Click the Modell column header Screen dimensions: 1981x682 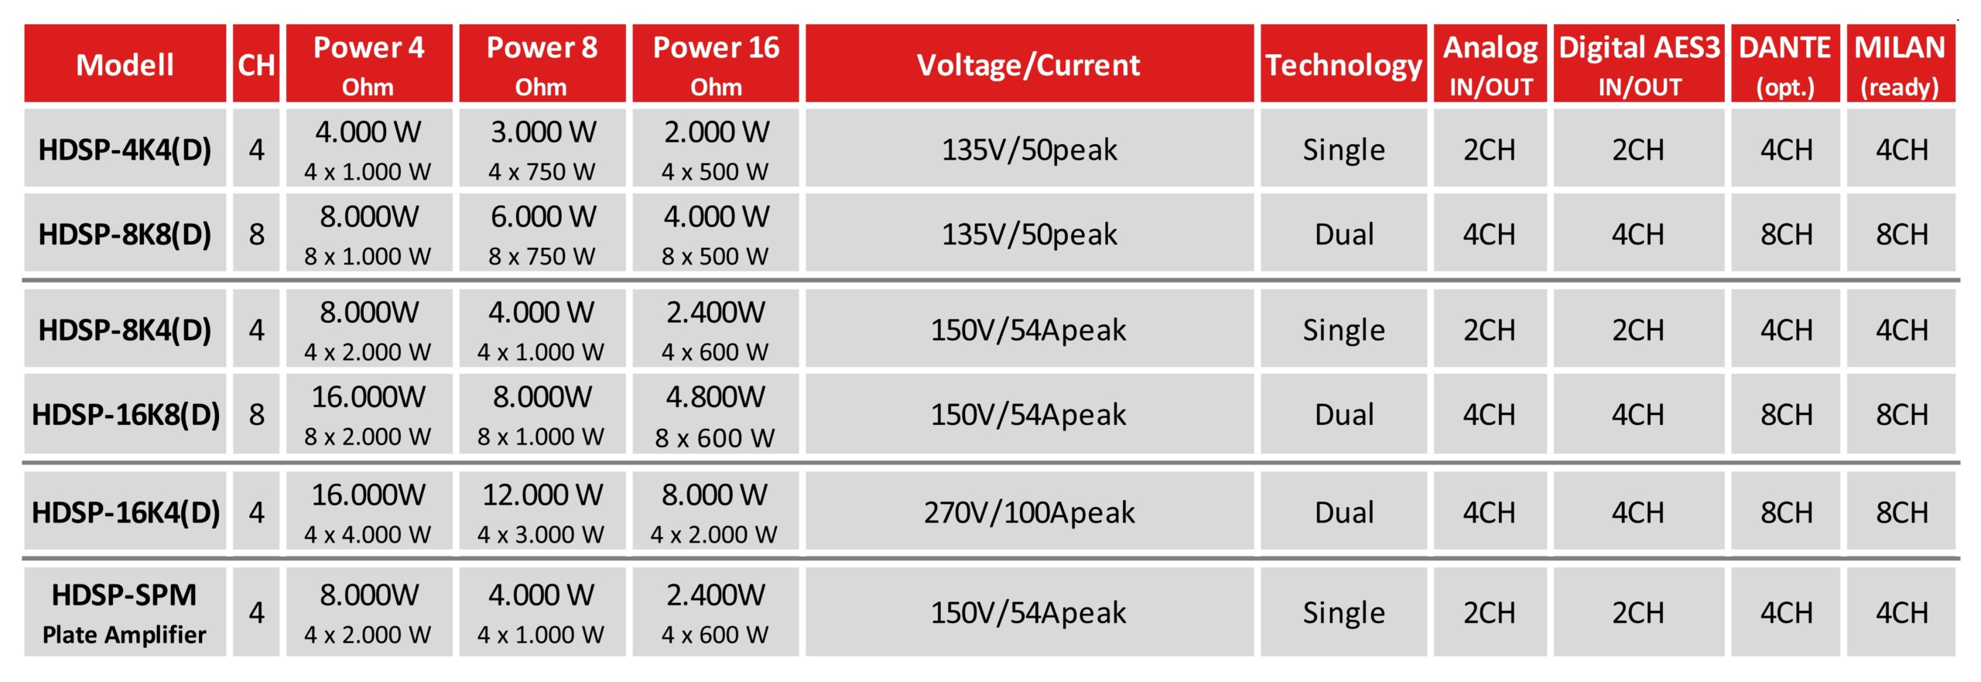tap(125, 63)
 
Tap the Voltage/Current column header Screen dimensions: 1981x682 tap(1029, 63)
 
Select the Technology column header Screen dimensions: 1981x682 tap(1343, 63)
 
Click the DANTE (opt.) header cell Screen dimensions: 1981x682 tap(1785, 63)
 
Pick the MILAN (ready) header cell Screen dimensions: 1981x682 tap(1901, 63)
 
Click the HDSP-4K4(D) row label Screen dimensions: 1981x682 tap(125, 148)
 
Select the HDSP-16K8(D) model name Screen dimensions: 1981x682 tap(125, 414)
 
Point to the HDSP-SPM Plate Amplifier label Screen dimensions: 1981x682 tap(125, 612)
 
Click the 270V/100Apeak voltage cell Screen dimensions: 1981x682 tap(1029, 512)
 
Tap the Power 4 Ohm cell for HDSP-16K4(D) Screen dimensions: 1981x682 tap(369, 512)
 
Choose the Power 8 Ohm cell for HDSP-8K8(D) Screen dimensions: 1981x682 tap(542, 232)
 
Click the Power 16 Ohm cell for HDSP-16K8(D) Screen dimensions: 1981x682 tap(716, 414)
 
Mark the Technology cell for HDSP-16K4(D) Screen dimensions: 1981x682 tap(1343, 512)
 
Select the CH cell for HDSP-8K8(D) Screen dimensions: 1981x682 tap(256, 232)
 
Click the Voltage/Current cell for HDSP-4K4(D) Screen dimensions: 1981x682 tap(1029, 148)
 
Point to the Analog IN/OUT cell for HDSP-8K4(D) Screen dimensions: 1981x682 tap(1490, 329)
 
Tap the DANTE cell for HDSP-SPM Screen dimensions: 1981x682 tap(1785, 612)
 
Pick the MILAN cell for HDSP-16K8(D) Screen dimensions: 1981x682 tap(1901, 414)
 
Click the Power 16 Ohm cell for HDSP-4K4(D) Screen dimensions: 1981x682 tap(716, 148)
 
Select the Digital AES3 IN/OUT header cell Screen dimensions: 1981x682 tap(1639, 63)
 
